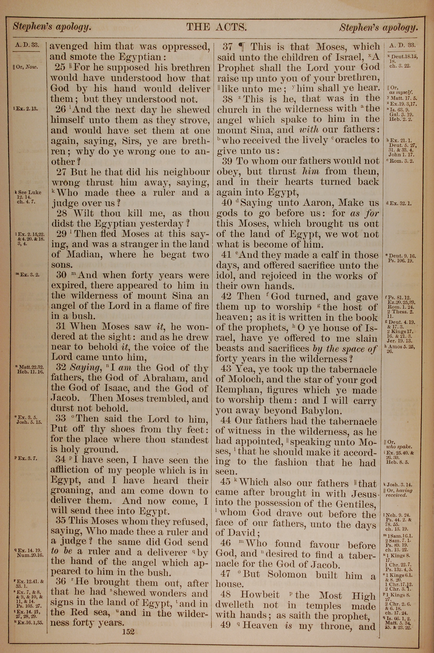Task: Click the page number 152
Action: tap(128, 632)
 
